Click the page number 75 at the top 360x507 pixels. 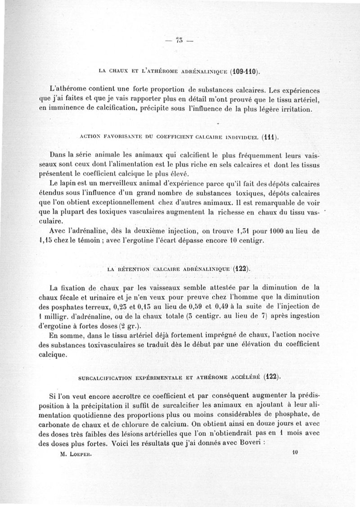[x=177, y=41]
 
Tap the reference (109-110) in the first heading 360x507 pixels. [x=244, y=71]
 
